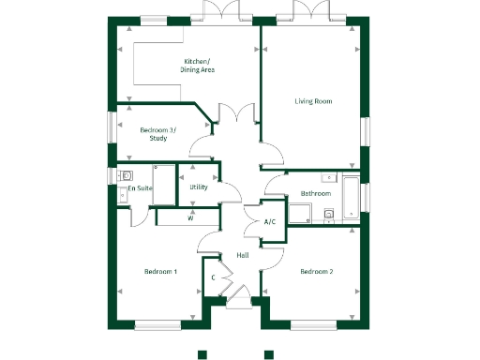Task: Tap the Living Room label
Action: tap(313, 101)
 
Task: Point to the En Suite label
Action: tap(140, 188)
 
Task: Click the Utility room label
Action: tap(198, 187)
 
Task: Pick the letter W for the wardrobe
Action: tap(190, 218)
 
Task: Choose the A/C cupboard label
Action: tap(270, 222)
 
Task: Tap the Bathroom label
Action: tap(316, 194)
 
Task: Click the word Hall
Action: tap(242, 256)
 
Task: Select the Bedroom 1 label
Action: tap(160, 272)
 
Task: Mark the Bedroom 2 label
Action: tap(317, 272)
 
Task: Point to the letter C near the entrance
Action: tap(214, 278)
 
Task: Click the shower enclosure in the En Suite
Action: tap(164, 185)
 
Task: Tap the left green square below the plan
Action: tap(202, 354)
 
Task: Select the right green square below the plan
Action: tap(268, 354)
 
